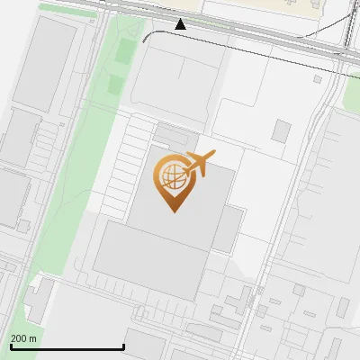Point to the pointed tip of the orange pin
173,211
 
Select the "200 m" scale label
24,338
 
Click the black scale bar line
67,347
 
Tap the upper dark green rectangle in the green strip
124,53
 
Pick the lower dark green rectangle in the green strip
116,85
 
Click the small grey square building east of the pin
282,131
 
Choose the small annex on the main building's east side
228,230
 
